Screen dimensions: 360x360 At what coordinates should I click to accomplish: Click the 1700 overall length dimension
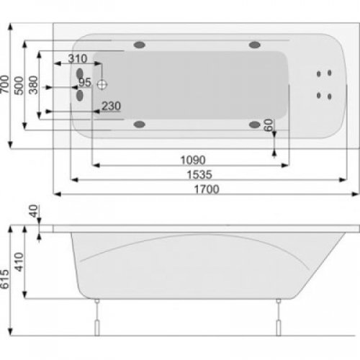coord(206,189)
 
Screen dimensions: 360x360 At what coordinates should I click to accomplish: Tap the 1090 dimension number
coord(193,160)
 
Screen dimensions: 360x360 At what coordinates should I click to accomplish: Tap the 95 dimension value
coord(85,82)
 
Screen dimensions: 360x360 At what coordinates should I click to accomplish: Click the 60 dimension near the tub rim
coord(269,125)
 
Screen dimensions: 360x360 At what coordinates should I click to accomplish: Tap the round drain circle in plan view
coord(102,84)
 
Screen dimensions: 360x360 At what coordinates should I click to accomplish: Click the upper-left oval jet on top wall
coord(140,45)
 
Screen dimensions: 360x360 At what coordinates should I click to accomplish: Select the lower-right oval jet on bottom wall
coord(255,124)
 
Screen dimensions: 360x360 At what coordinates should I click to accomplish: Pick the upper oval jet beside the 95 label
coord(79,73)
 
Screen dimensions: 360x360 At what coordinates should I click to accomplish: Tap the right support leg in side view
coord(276,318)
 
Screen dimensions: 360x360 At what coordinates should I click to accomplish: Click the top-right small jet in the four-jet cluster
coord(329,73)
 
